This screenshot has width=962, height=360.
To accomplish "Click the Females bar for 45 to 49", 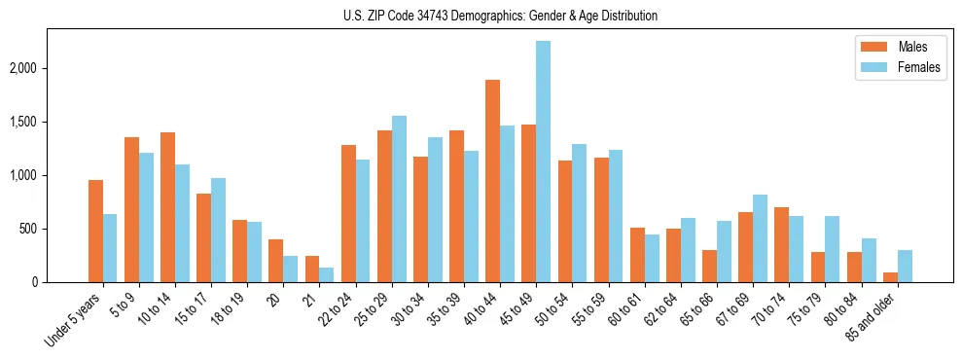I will coord(544,162).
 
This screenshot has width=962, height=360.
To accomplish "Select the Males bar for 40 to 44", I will coord(493,181).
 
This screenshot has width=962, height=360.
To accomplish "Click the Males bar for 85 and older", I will coord(890,277).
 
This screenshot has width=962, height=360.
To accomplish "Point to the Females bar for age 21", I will coord(327,274).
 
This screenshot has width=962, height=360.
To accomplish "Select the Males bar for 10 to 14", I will coord(168,207).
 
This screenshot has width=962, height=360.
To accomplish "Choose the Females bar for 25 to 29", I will coord(399,199).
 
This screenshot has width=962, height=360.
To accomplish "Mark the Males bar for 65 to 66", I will coord(710,267).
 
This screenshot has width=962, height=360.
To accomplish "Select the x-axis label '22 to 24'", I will coord(337,308).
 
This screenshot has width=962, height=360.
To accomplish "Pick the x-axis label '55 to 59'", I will coord(589,308).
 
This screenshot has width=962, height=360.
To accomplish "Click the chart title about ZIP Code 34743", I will coord(500,16).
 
